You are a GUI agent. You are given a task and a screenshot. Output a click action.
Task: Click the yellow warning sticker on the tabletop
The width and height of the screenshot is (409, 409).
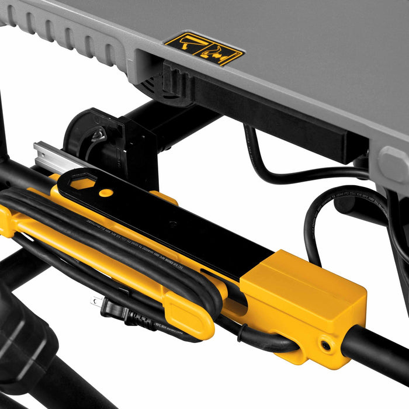(203, 49)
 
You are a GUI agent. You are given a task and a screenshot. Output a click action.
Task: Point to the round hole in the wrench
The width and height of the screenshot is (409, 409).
(105, 192)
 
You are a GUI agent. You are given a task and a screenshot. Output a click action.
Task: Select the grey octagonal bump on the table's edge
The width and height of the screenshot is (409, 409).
(393, 165)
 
